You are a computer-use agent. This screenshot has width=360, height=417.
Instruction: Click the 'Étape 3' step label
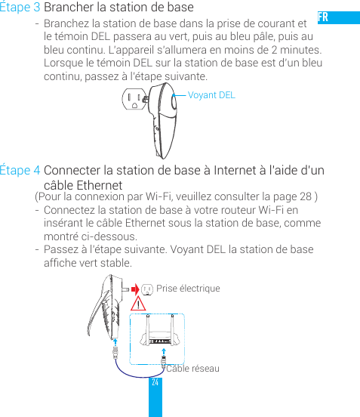coord(21,8)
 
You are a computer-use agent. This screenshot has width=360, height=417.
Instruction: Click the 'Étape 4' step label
coord(21,171)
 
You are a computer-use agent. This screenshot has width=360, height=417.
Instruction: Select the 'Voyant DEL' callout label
coord(211,95)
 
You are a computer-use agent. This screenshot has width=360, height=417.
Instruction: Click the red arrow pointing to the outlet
coord(134,288)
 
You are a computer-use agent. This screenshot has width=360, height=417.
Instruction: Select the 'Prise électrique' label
coord(188,289)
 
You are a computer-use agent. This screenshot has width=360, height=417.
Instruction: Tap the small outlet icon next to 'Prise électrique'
coord(148,289)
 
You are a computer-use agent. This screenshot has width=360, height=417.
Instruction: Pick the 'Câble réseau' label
coord(193,368)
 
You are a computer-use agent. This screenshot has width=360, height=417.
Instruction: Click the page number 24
coord(155,383)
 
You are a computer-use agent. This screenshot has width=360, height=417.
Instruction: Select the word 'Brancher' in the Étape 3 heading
coord(70,8)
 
